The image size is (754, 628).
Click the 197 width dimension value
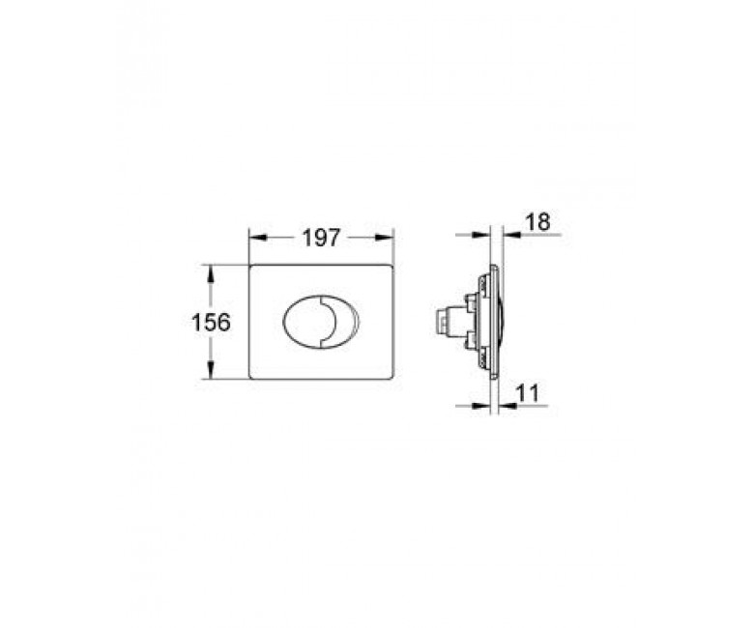pos(321,238)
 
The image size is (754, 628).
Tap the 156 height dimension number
pos(211,322)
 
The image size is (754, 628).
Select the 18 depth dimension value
pos(537,222)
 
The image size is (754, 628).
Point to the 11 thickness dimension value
pos(528,393)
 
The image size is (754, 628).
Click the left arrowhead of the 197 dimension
pos(258,238)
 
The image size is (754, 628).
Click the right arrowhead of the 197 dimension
pos(385,238)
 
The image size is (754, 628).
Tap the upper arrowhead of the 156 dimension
pos(210,273)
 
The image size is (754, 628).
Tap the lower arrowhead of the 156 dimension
pos(210,370)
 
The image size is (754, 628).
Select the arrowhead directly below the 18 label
pos(512,235)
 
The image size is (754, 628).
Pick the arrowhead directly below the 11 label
pos(507,406)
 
